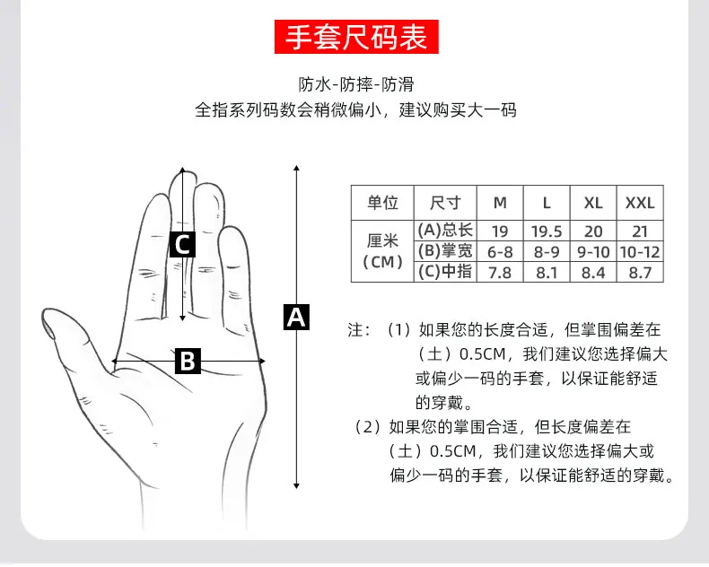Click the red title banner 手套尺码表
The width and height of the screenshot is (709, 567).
(357, 38)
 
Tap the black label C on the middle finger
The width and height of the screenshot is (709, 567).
(182, 243)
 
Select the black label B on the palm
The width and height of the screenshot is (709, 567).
(187, 361)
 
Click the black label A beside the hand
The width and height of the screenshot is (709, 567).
(296, 317)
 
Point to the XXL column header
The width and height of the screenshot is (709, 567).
(639, 203)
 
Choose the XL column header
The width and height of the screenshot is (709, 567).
(593, 203)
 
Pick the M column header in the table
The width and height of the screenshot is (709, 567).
(500, 203)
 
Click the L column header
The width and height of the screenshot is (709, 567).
(547, 203)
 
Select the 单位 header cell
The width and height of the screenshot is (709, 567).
(382, 203)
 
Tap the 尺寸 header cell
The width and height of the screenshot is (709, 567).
(445, 203)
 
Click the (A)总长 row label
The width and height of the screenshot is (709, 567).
(445, 231)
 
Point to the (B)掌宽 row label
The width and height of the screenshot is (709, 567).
(445, 251)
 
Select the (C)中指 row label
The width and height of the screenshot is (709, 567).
(445, 272)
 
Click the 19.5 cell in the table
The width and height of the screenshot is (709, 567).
(547, 231)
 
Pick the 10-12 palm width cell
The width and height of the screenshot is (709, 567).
(639, 251)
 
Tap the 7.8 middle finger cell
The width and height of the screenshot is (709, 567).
(500, 272)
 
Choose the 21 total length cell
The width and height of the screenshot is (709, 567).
(639, 231)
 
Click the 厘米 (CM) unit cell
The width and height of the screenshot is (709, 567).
(382, 251)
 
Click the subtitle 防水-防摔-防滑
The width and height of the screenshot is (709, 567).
(355, 85)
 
